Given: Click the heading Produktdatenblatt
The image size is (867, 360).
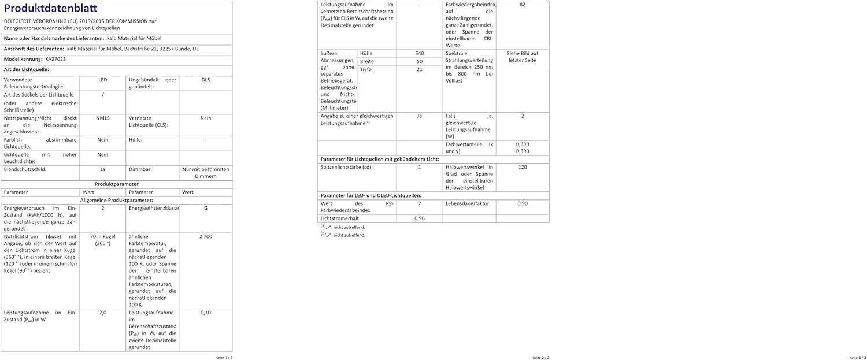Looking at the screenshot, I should point(44,9).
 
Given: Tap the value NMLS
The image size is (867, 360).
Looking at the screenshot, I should point(102,118).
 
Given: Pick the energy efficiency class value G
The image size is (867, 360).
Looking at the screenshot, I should point(205,208).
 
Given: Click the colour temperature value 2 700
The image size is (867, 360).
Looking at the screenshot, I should point(205,236).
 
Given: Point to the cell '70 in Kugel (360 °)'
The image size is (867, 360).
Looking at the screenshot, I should point(102,240).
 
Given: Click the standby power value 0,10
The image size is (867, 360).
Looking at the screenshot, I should point(205,312).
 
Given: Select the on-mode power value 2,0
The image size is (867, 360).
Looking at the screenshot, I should point(102,312).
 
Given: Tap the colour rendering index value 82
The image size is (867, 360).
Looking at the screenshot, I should point(522,5).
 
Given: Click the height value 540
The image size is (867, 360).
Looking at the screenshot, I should point(419,53).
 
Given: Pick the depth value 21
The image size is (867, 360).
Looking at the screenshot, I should point(419,69).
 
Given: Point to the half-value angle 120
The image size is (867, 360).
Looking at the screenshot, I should point(522,167).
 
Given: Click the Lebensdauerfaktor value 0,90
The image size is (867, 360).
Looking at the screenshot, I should point(522,203).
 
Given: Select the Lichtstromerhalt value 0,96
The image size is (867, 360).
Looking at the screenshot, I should point(419,218).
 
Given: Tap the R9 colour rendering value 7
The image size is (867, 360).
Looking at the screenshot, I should point(419,203).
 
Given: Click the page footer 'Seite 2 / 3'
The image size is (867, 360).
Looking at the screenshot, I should point(540,357).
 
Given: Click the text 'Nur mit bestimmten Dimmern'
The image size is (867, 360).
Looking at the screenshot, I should point(205,173).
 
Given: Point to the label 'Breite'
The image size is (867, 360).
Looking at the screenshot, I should point(367,61).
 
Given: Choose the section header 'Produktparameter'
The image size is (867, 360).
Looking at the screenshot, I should point(116,184).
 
